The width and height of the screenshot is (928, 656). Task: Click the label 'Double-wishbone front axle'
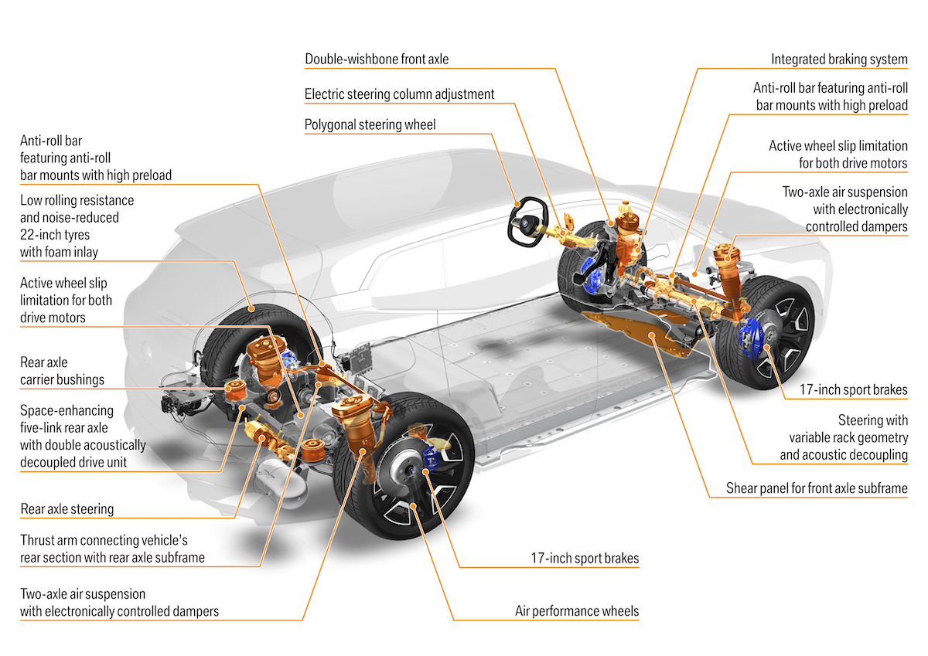pos(377,59)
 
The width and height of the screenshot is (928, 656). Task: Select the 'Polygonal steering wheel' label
pos(370,124)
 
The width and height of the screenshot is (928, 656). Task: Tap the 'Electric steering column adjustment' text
pos(399,94)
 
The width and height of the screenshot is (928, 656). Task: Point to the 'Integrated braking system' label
pos(839,59)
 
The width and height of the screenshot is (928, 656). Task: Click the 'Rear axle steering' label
pos(67,509)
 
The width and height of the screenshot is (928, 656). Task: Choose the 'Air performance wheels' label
pos(577,611)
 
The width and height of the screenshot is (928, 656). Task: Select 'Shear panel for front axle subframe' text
pos(817,488)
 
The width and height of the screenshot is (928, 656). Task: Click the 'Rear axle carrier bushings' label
pos(62,371)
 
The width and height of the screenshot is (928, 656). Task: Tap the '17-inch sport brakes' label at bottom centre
pos(585,559)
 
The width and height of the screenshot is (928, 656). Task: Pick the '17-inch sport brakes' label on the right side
pos(854,390)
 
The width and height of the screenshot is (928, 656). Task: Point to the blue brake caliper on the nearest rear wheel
pos(431,458)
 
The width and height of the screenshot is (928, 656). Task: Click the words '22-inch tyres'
pos(55,235)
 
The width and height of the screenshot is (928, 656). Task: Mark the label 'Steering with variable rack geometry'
pos(848,429)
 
